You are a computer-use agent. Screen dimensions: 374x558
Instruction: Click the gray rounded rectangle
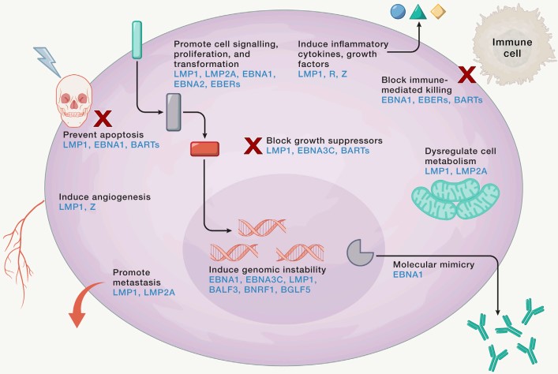176,111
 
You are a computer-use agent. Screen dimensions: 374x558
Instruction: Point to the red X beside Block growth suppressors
253,145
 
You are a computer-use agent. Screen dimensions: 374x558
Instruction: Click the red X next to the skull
102,119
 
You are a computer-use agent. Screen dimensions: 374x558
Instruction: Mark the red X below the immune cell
467,76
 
